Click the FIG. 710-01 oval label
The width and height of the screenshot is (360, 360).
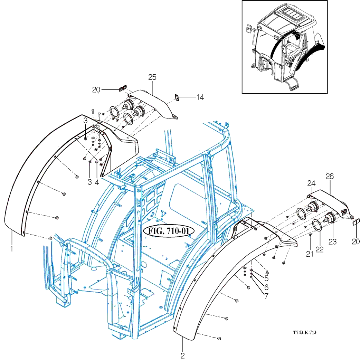[x=169, y=231]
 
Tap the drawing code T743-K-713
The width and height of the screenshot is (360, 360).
[x=304, y=332]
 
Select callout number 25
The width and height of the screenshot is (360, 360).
[x=152, y=77]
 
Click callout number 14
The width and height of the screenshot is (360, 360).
[x=200, y=97]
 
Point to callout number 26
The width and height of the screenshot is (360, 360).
[x=330, y=176]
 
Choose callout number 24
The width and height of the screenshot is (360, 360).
[x=311, y=183]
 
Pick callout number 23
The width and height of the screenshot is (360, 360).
[x=332, y=241]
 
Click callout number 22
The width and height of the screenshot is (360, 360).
[x=319, y=249]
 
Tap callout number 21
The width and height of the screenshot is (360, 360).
[x=310, y=254]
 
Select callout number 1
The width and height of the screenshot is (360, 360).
[x=12, y=249]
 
